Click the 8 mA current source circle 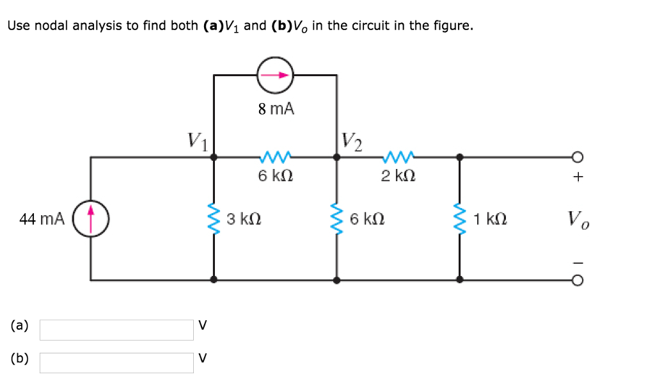[x=275, y=75]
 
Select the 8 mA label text [x=276, y=109]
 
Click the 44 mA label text [x=42, y=219]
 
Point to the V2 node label [x=352, y=141]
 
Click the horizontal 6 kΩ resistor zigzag [x=276, y=156]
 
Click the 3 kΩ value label [x=243, y=220]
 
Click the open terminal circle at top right [x=578, y=156]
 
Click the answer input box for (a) [x=116, y=329]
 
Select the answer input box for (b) [x=116, y=362]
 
